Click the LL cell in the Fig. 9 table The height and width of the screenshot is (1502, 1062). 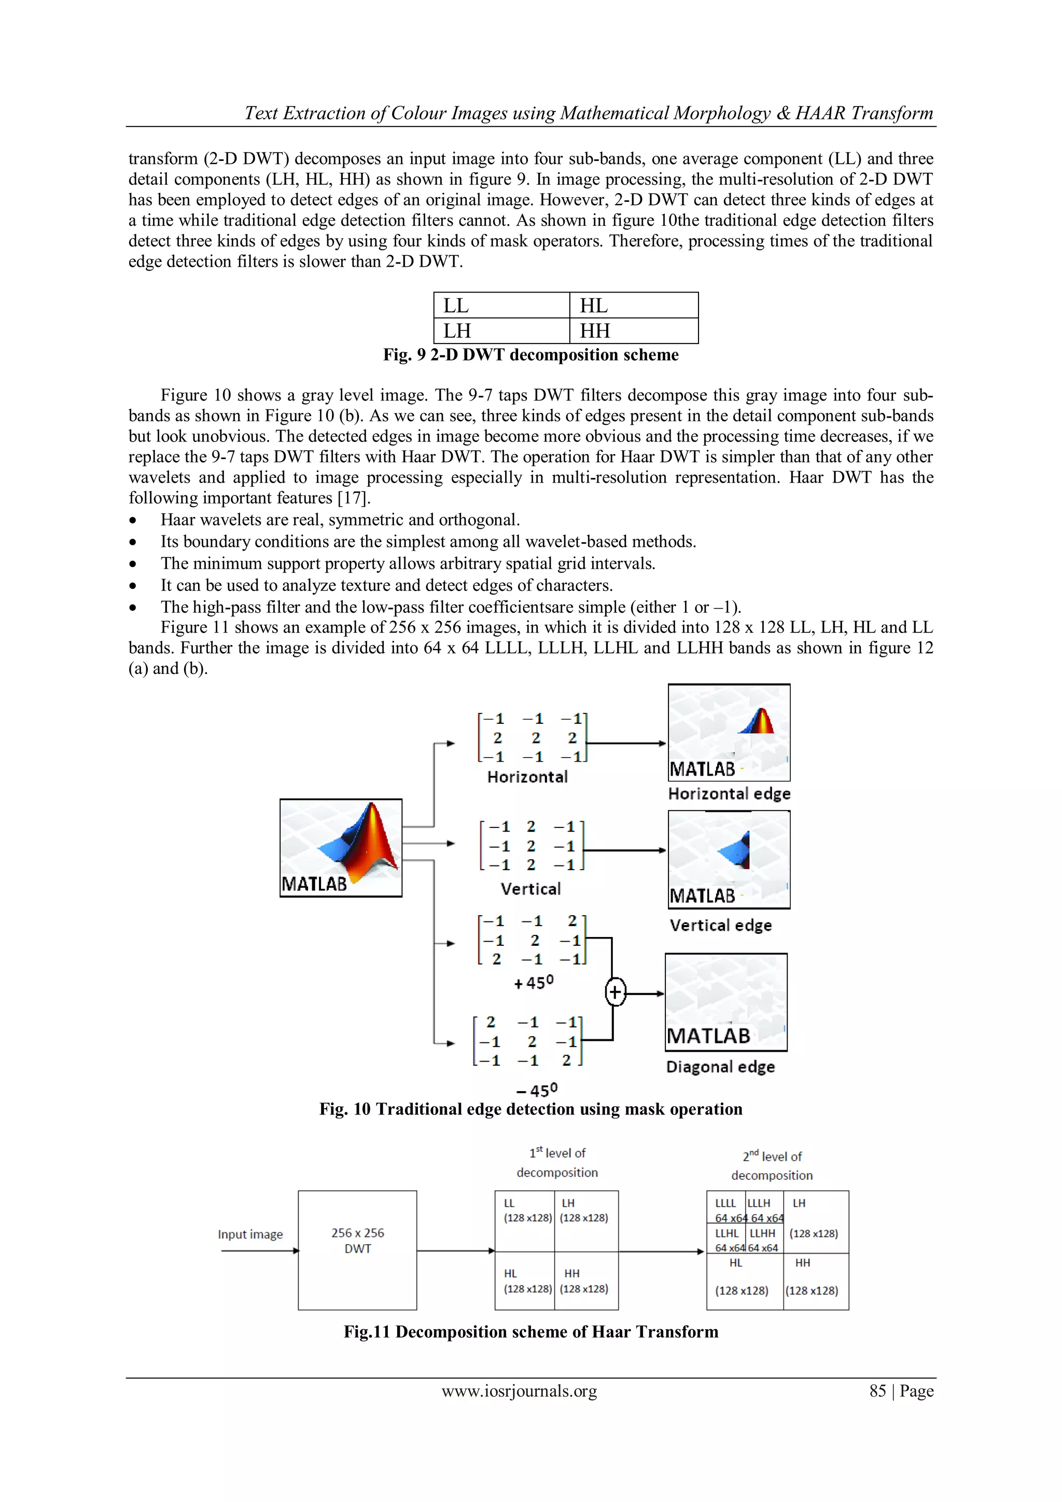pos(501,306)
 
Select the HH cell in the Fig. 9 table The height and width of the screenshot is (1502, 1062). pos(633,331)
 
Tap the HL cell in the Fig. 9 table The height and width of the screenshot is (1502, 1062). pos(633,306)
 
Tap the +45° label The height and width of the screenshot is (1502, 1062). pos(534,983)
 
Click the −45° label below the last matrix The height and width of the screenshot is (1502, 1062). pos(536,1091)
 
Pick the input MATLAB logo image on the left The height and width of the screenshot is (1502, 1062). pos(341,847)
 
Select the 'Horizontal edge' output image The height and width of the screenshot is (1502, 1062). pos(729,732)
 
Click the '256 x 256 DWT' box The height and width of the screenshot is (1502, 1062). pos(357,1250)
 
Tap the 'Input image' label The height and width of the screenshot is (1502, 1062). pos(250,1234)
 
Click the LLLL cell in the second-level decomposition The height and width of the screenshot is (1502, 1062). pos(726,1209)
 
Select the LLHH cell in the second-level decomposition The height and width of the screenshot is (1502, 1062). pos(762,1239)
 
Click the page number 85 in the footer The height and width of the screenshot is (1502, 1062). pos(877,1391)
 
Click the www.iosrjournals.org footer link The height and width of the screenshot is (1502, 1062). pos(519,1391)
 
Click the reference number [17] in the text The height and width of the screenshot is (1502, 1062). pos(354,498)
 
